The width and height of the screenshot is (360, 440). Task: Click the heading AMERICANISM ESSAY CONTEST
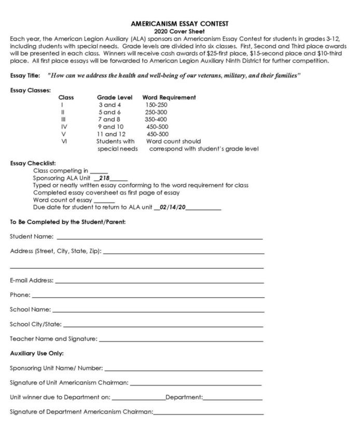(179, 24)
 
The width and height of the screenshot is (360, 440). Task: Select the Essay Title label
(25, 76)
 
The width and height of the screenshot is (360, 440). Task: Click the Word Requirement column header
(169, 98)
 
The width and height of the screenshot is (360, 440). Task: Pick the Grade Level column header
(115, 98)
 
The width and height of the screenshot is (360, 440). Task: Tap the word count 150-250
(156, 105)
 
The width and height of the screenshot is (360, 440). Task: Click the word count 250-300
(156, 112)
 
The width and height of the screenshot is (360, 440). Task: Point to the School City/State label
(36, 324)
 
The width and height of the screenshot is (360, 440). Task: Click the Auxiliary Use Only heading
(37, 353)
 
